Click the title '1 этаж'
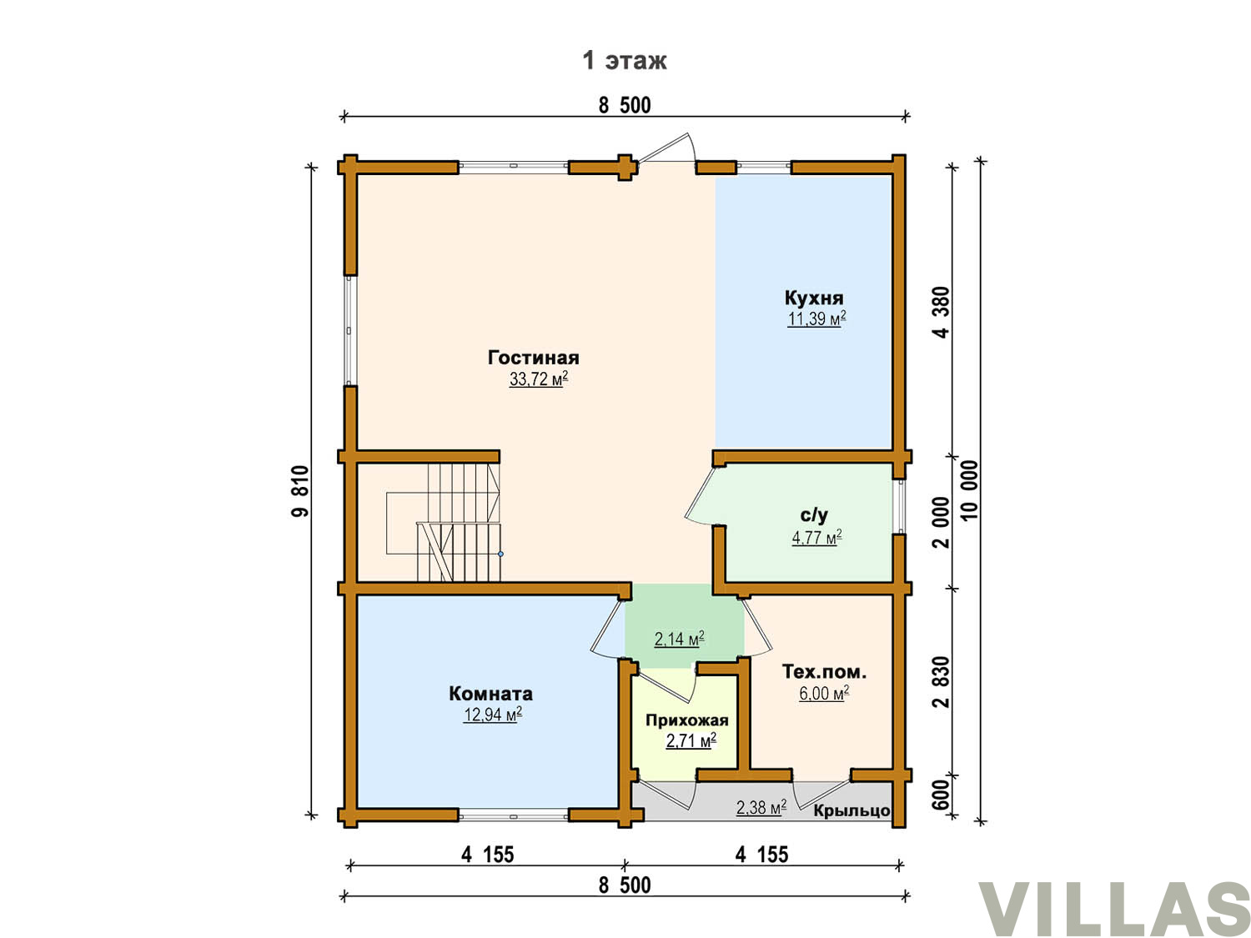click(624, 60)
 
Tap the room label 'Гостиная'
click(534, 358)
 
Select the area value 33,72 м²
click(539, 379)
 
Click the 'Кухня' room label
click(814, 298)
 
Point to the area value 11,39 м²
click(816, 319)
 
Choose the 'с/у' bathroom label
click(814, 515)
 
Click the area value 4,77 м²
click(816, 536)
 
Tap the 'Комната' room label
click(490, 694)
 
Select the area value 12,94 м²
click(492, 715)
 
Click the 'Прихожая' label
click(686, 720)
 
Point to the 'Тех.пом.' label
click(824, 672)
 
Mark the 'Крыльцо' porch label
click(852, 810)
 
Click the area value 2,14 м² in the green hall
click(679, 639)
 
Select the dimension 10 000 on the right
click(969, 489)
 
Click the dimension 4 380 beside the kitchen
click(942, 312)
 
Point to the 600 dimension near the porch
click(942, 794)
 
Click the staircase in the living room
click(444, 522)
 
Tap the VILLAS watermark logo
click(1113, 908)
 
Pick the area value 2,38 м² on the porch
click(761, 807)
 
